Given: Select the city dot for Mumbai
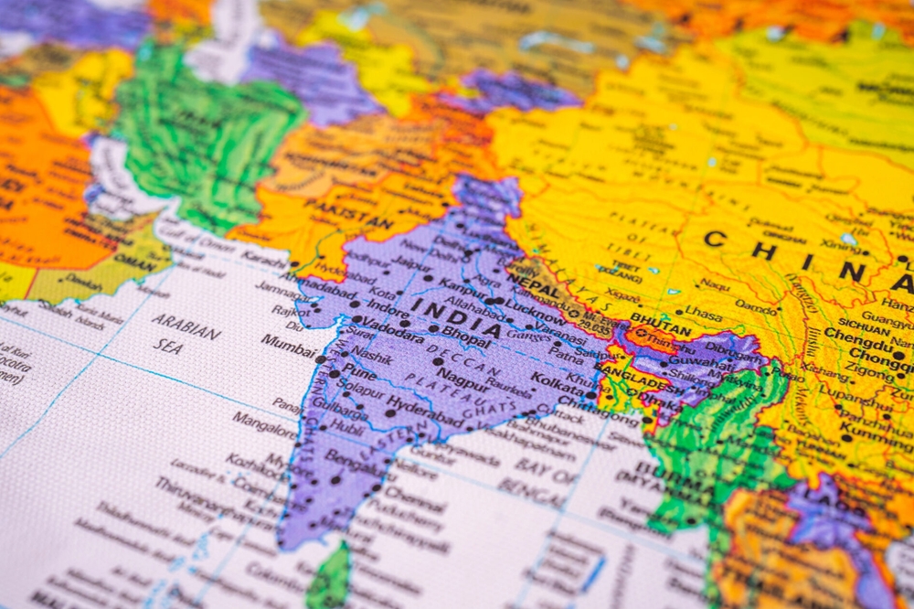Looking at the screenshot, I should (x=320, y=359).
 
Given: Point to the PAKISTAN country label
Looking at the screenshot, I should (x=348, y=216).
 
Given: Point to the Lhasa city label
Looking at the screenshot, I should (x=702, y=312).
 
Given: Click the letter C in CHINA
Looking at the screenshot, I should (x=715, y=240).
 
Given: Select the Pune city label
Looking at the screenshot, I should (x=358, y=372).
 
